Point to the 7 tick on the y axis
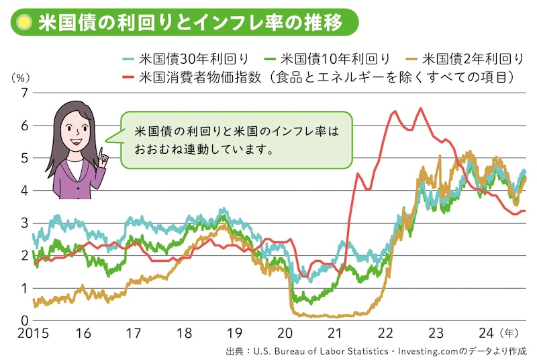click(23, 93)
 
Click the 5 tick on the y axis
click(23, 158)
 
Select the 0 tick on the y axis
click(23, 320)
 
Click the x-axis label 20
click(284, 334)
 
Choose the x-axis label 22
click(385, 334)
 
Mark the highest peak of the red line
click(420, 108)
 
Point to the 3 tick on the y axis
click(23, 223)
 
